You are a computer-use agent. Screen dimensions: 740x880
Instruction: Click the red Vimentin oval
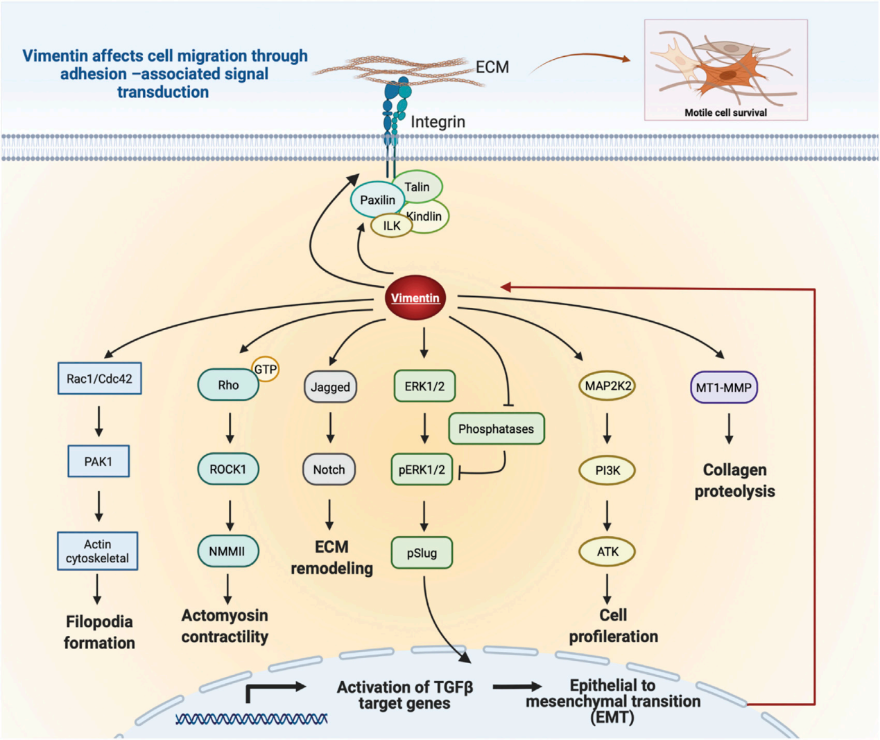[415, 298]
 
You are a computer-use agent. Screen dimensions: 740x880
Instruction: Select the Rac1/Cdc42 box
[100, 379]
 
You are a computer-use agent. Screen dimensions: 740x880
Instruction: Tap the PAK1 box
[98, 461]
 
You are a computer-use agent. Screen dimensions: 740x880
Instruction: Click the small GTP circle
[265, 370]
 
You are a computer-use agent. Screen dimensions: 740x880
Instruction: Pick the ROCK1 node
[228, 470]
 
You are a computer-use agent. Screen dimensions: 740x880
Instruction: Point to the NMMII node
[227, 551]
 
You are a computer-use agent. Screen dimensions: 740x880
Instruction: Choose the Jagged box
[330, 387]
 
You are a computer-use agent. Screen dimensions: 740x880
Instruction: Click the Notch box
[329, 470]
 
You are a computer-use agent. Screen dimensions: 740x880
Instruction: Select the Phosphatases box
[496, 429]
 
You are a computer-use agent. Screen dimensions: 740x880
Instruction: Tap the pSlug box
[422, 553]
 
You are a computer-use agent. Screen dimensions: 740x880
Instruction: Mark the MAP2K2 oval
[607, 386]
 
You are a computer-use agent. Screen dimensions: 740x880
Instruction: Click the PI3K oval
[607, 470]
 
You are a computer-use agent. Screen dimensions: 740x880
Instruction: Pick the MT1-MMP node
[723, 388]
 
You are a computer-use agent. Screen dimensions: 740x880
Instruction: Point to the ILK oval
[392, 225]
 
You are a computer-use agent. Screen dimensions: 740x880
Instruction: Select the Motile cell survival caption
[725, 112]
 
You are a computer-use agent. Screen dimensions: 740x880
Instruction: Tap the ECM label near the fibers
[492, 67]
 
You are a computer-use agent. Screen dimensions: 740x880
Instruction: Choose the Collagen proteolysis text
[734, 481]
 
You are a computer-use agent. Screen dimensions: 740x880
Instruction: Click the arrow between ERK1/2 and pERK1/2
[424, 429]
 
